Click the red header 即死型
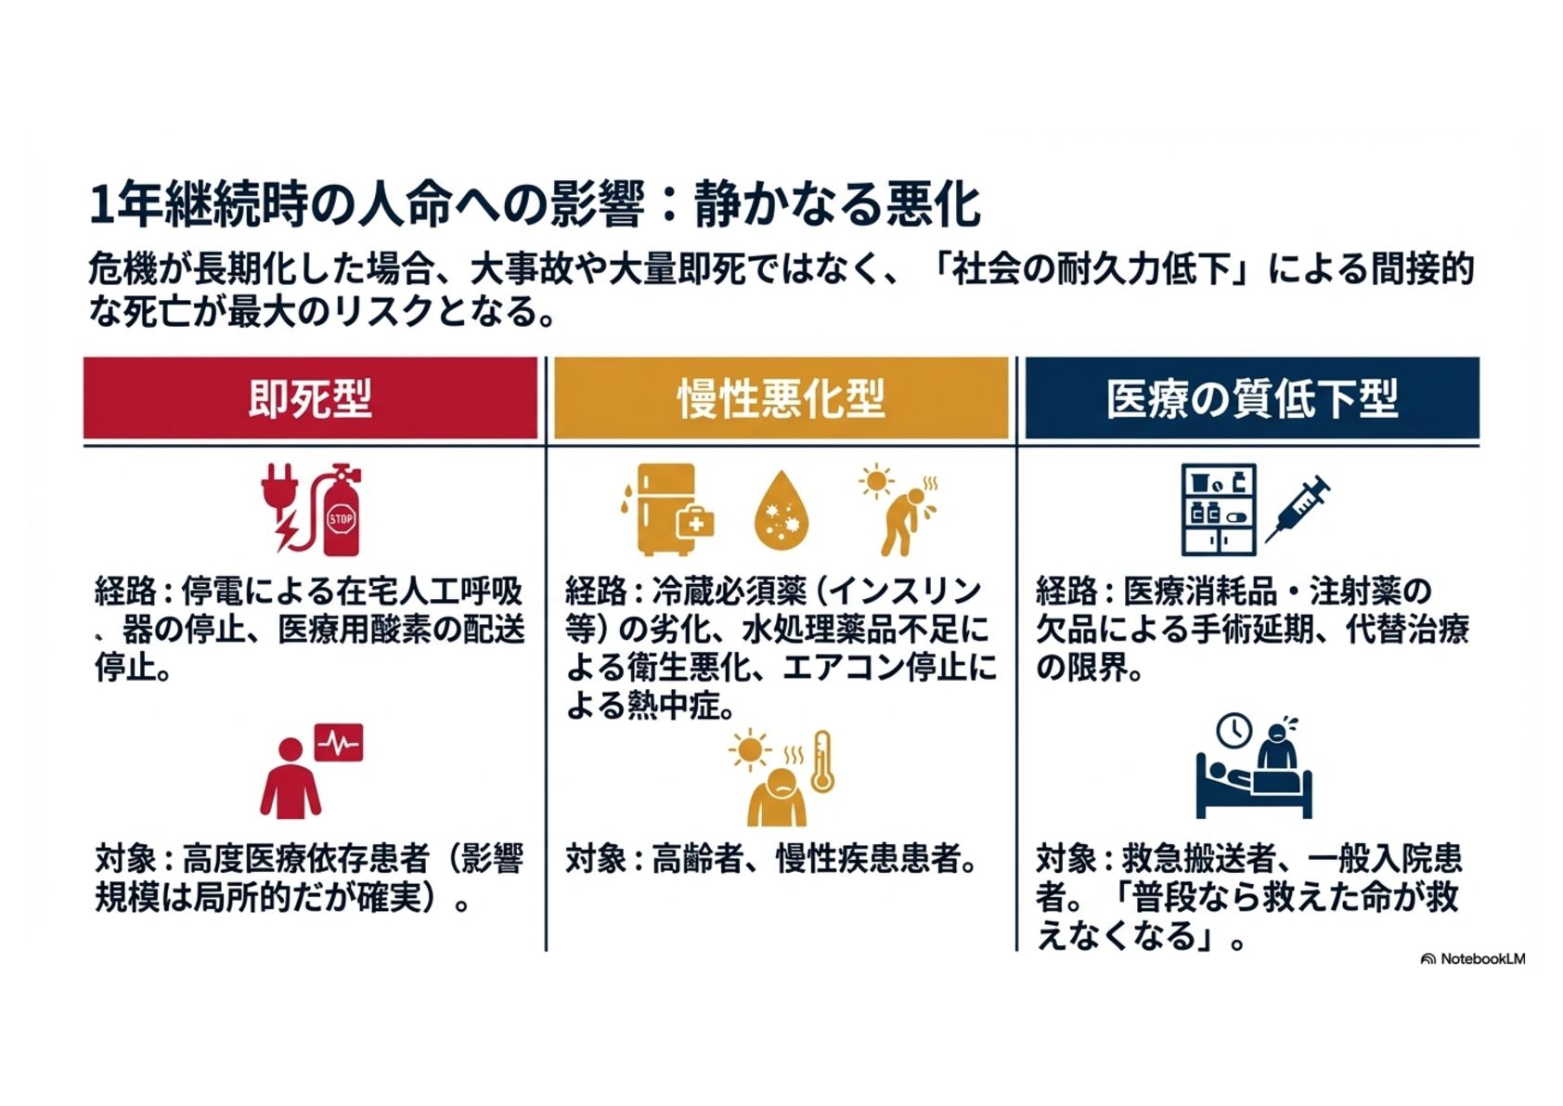coord(310,398)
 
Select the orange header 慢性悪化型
coord(781,398)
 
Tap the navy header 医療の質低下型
coord(1251,398)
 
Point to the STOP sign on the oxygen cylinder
coord(341,519)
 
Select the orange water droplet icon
coord(781,512)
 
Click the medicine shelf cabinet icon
coord(1218,509)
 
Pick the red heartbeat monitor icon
coord(339,743)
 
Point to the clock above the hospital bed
coord(1234,731)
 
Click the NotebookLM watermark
coord(1473,958)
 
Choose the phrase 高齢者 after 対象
coord(697,859)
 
